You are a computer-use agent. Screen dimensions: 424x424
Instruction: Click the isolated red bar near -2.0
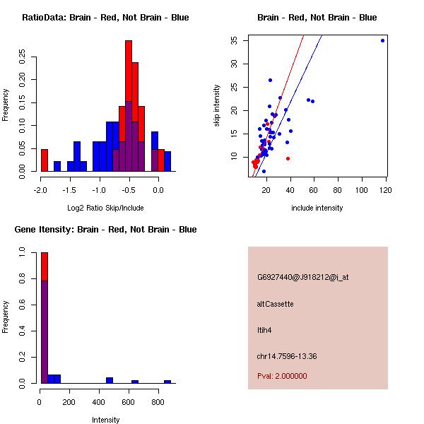point(45,160)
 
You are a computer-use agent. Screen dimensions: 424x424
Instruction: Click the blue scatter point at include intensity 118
point(382,40)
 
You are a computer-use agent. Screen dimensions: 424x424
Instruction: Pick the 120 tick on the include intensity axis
point(386,189)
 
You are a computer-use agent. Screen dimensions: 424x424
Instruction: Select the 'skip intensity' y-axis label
point(218,106)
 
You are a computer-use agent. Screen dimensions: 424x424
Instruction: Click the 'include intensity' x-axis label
point(317,208)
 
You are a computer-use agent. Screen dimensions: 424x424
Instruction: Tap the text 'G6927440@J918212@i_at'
point(303,278)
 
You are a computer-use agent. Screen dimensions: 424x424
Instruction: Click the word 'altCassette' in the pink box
point(276,304)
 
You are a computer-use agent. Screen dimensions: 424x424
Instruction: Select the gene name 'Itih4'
point(265,329)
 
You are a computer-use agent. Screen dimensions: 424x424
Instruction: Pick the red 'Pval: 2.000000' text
point(283,376)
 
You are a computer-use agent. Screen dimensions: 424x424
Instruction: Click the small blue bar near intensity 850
point(167,382)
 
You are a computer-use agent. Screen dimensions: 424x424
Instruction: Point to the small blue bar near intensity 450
point(110,380)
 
